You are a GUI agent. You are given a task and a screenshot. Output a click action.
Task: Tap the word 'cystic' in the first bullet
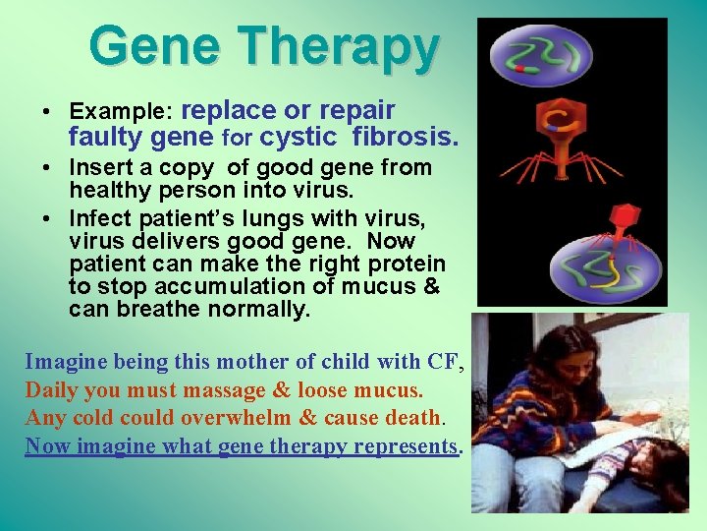click(298, 138)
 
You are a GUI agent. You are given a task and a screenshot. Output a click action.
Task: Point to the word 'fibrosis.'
click(405, 137)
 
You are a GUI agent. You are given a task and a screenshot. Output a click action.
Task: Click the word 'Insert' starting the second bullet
click(98, 168)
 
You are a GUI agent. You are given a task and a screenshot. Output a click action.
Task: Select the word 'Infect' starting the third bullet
click(98, 219)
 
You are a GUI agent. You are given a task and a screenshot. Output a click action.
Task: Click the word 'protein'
click(408, 265)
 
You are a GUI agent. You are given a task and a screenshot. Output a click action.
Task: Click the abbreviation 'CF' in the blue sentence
click(443, 361)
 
